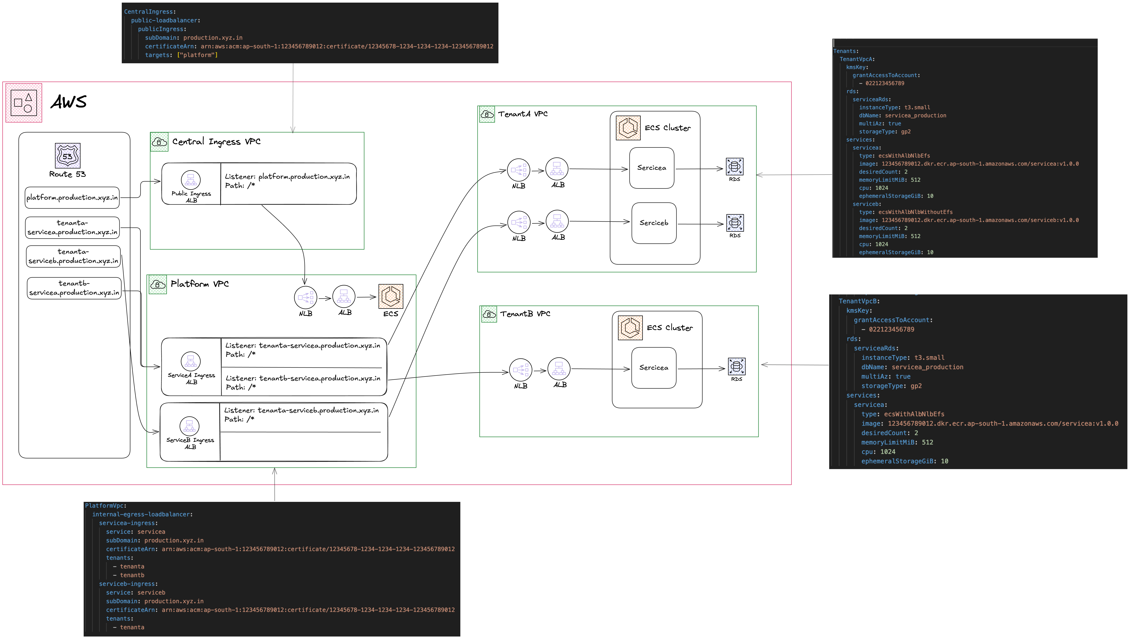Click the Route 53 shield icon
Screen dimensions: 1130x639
(x=68, y=155)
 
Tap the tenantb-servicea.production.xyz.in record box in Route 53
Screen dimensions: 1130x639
(x=74, y=288)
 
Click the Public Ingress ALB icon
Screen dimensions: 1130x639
(x=191, y=179)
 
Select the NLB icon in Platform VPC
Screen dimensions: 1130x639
(x=306, y=298)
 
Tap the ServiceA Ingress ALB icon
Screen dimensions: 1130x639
(x=191, y=361)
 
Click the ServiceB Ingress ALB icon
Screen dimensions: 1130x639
(x=190, y=426)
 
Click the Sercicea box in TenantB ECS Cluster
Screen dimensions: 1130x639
(x=654, y=368)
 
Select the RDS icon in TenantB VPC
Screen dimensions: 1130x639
(x=737, y=366)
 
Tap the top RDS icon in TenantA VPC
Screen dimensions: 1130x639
(x=734, y=167)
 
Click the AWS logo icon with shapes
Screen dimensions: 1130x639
(x=24, y=103)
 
